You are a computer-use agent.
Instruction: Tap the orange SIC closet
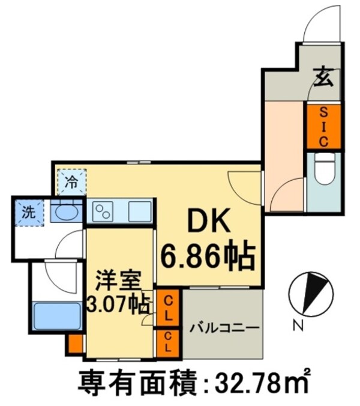click(323, 126)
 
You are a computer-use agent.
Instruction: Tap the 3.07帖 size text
click(119, 303)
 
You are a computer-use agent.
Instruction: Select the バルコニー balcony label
click(224, 328)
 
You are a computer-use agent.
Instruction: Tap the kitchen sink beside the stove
click(138, 211)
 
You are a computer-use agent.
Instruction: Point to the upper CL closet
click(169, 308)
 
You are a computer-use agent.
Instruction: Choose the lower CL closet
click(169, 341)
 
